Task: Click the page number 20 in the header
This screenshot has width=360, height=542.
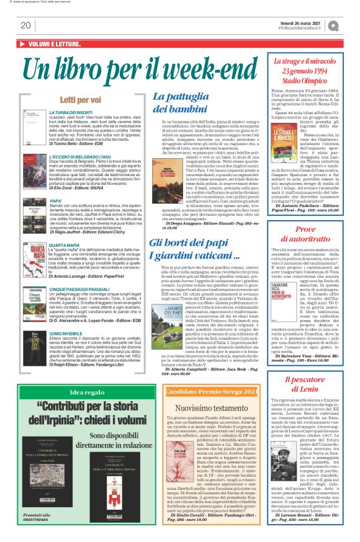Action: click(x=25, y=25)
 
